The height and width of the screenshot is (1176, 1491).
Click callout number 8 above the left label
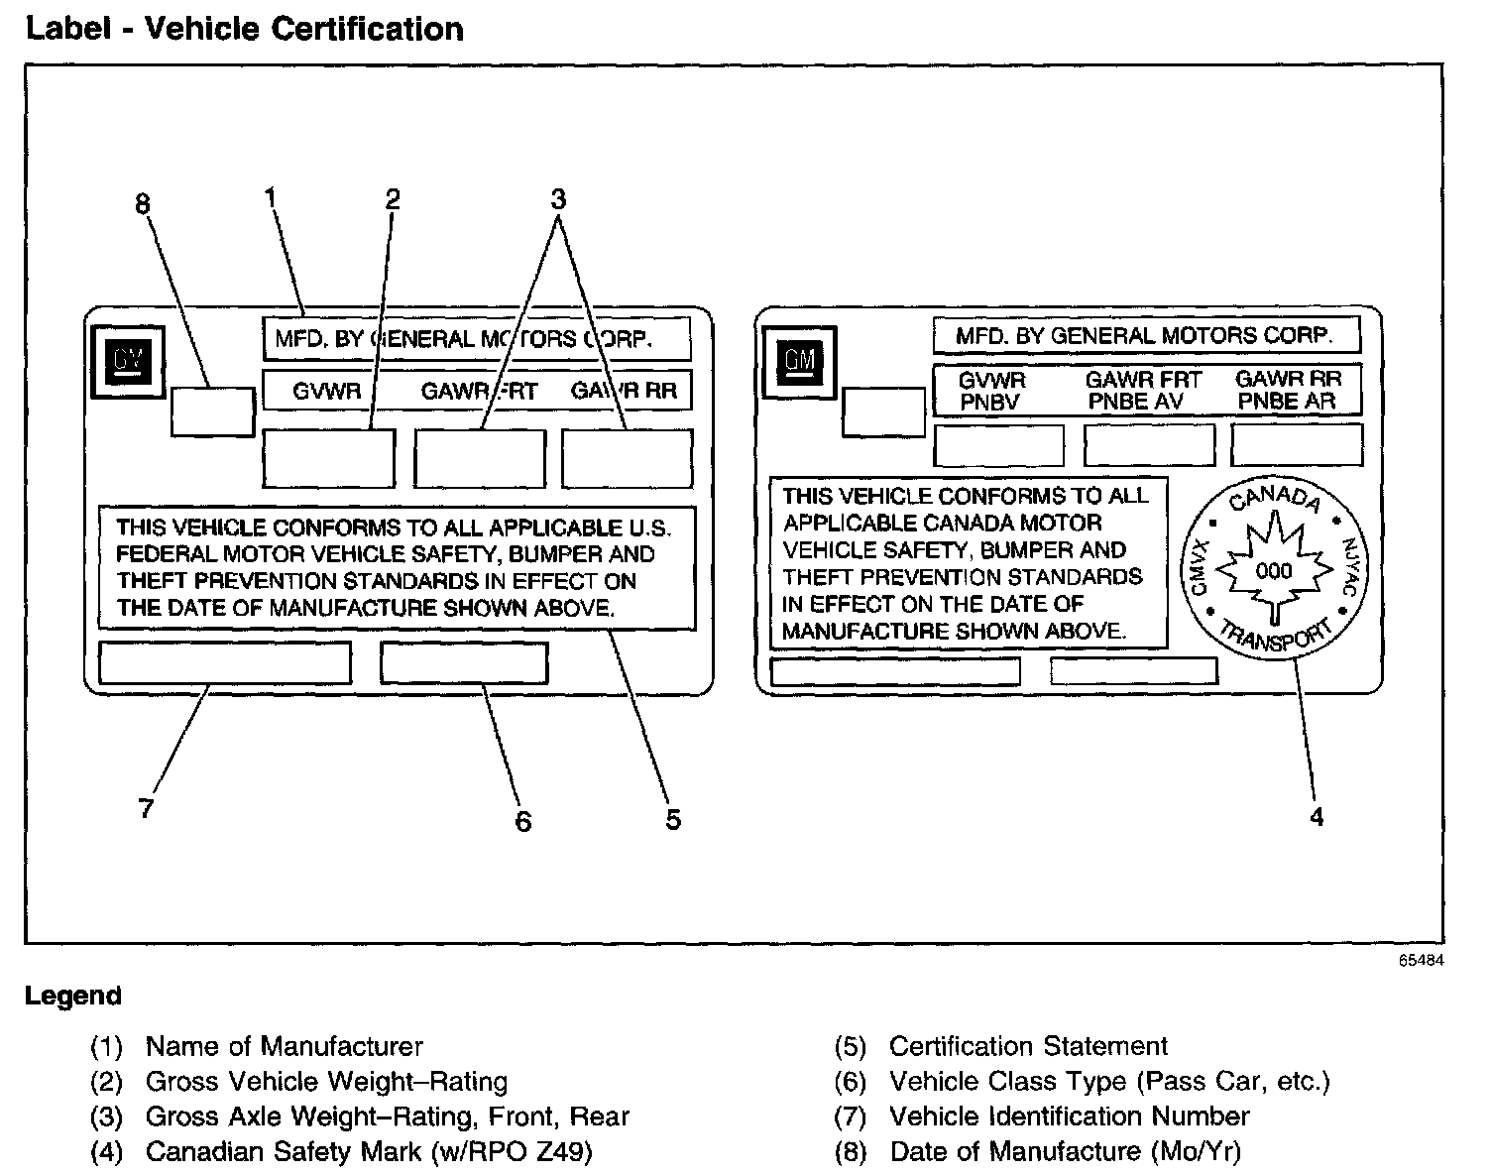(143, 204)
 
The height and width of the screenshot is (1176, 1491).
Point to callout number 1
(270, 197)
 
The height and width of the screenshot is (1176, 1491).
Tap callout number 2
(393, 199)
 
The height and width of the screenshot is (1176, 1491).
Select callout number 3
(558, 199)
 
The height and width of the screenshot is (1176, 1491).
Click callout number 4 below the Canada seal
(1317, 817)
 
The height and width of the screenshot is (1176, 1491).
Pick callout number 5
(673, 820)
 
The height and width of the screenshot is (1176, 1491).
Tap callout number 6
(522, 821)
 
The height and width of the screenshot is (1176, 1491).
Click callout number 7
(147, 809)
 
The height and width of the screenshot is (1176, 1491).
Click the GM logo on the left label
(127, 363)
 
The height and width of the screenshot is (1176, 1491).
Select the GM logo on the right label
(799, 361)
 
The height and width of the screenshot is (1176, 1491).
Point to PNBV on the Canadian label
(989, 403)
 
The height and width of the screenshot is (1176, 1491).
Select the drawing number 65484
(1421, 961)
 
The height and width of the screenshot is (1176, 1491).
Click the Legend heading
(73, 996)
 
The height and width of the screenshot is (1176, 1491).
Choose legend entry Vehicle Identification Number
(1069, 1117)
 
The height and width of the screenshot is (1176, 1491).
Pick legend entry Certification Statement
(1027, 1046)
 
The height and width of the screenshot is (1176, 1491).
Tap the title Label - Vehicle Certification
(244, 29)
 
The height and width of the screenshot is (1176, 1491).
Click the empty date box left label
(212, 412)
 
